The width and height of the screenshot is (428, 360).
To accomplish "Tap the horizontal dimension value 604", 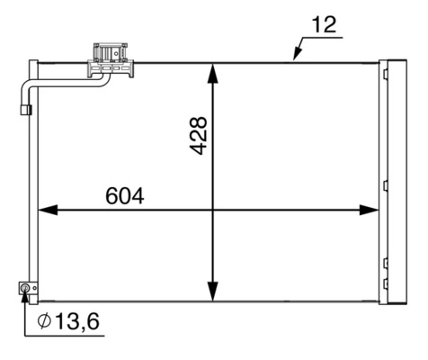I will (125, 194).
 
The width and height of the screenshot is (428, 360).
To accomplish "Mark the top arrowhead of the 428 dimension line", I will (213, 71).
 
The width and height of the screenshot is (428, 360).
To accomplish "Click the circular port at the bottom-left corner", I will (25, 288).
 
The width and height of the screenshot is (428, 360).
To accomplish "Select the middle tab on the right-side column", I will (385, 186).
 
